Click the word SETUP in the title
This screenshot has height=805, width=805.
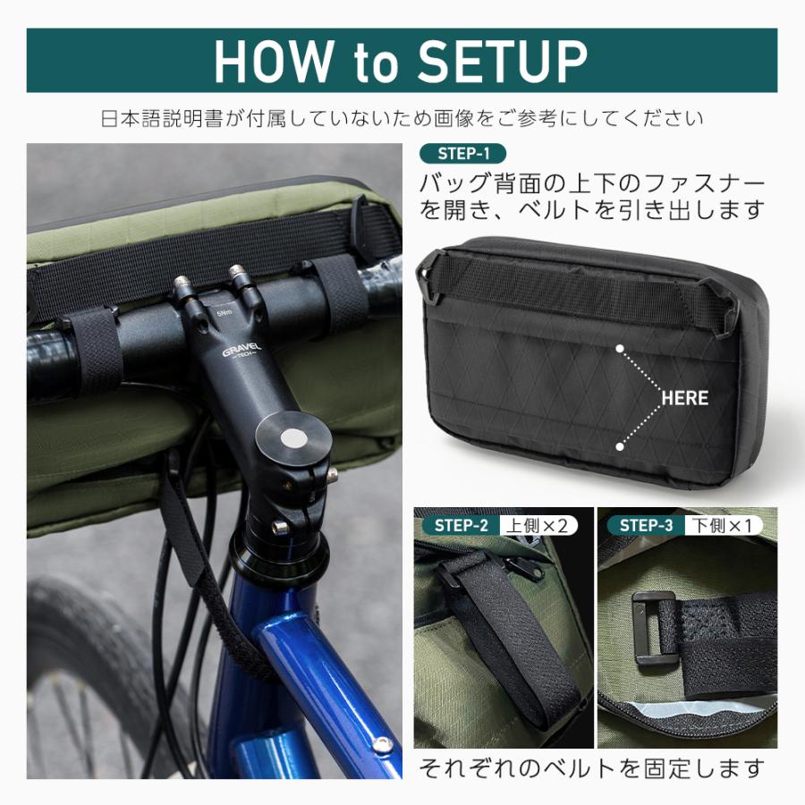click(x=502, y=61)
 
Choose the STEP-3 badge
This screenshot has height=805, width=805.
click(x=645, y=525)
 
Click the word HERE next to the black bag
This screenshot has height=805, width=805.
click(x=684, y=397)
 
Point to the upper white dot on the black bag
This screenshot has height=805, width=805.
click(x=619, y=344)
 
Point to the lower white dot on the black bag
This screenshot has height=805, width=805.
click(x=619, y=445)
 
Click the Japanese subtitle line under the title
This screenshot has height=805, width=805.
click(x=402, y=118)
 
